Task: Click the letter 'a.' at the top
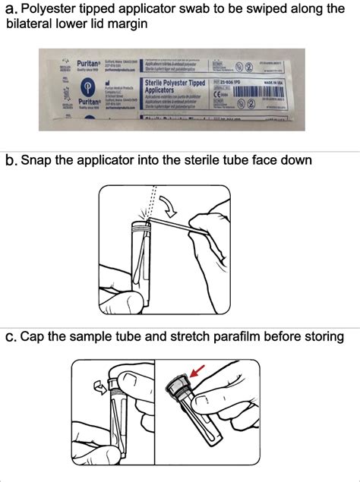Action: point(11,10)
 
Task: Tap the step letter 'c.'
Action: point(11,336)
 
